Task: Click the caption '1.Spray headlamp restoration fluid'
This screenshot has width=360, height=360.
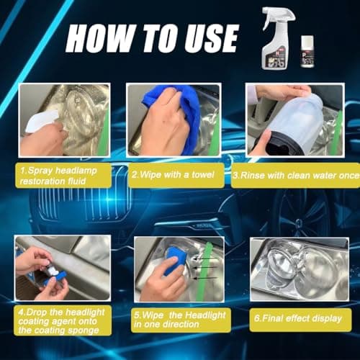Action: point(65,175)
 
